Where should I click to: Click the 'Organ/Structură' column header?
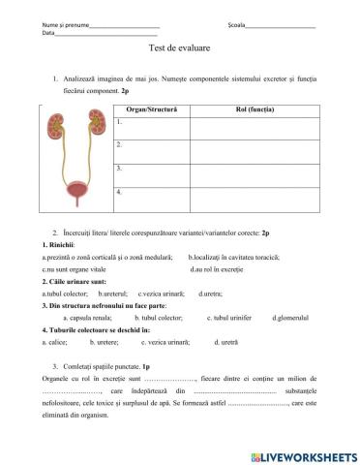coord(150,109)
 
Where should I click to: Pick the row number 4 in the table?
coord(119,192)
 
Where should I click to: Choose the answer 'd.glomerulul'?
coord(289,317)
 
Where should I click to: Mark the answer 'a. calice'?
coord(54,342)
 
